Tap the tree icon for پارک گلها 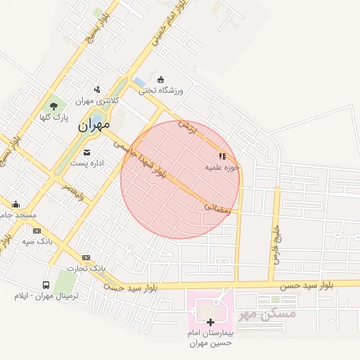tap(54, 105)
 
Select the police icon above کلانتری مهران tap(97, 89)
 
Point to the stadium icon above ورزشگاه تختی tap(160, 79)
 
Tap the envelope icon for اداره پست tap(86, 152)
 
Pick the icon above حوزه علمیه tap(222, 157)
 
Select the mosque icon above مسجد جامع tap(15, 205)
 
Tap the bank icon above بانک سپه tap(37, 231)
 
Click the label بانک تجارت tap(86, 269)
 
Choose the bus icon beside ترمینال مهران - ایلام tap(46, 285)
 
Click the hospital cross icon tap(210, 321)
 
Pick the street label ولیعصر tap(72, 191)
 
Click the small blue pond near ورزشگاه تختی tap(139, 82)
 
